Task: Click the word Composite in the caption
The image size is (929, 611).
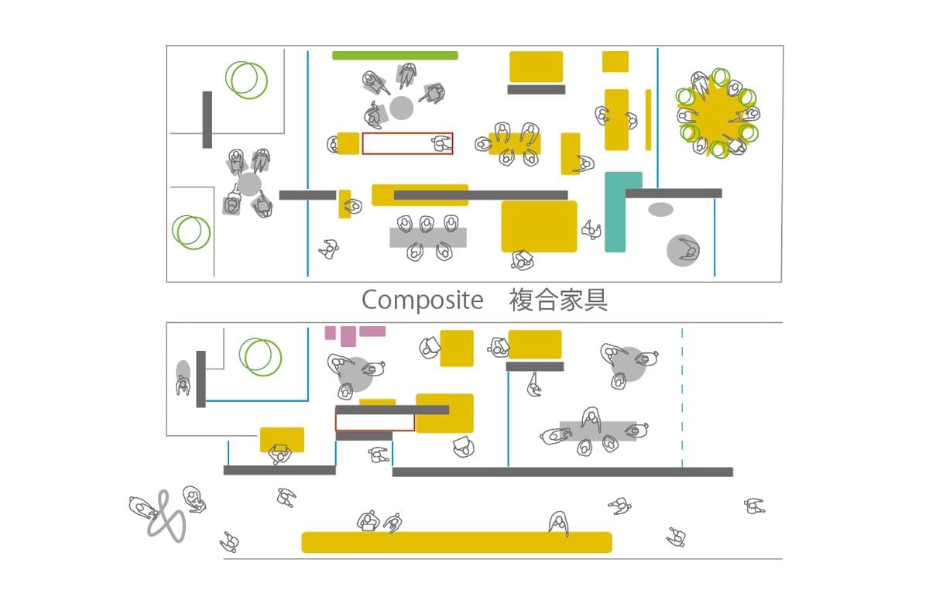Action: (x=423, y=300)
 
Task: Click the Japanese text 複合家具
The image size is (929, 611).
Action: (x=558, y=300)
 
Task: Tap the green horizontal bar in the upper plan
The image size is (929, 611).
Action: (x=395, y=56)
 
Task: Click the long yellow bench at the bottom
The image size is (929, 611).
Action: (x=457, y=542)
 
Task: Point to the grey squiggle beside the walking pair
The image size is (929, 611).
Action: (x=166, y=517)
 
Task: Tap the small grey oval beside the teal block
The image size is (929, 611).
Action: (x=660, y=209)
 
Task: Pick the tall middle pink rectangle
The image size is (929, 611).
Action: (x=348, y=336)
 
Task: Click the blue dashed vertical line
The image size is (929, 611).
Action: (x=682, y=397)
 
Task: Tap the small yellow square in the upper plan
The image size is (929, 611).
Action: (x=615, y=62)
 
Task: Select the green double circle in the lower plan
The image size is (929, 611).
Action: (x=260, y=357)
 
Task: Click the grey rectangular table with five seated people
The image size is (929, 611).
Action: (x=428, y=238)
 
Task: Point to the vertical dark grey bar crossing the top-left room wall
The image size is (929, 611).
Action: (x=207, y=119)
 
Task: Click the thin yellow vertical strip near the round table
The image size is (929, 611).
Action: (x=648, y=119)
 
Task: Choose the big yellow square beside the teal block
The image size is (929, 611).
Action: (x=539, y=226)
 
